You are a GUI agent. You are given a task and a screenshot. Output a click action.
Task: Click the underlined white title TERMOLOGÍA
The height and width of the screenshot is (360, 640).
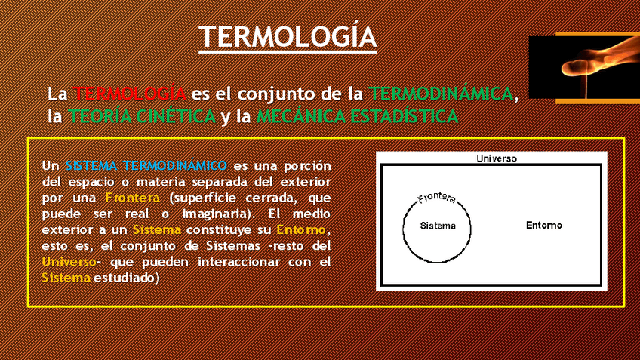click(x=288, y=37)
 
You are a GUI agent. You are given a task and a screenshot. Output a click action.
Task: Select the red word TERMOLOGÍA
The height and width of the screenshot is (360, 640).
click(x=129, y=94)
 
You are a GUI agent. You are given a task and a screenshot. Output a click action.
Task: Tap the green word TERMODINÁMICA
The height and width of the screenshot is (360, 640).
click(x=441, y=94)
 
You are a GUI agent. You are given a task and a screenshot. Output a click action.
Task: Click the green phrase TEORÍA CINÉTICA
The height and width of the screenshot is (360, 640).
click(x=142, y=116)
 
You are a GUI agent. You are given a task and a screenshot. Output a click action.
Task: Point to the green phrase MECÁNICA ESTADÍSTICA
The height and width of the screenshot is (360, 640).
click(x=357, y=116)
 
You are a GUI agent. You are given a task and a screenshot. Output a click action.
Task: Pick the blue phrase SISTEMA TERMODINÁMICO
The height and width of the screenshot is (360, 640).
click(x=146, y=165)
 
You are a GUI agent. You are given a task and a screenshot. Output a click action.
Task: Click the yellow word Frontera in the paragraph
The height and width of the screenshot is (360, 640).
click(x=132, y=198)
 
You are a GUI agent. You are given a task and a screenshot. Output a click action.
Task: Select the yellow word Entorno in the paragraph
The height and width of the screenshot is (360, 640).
click(x=301, y=229)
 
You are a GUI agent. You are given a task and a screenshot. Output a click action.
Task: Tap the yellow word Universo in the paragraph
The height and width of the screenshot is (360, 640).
click(x=69, y=262)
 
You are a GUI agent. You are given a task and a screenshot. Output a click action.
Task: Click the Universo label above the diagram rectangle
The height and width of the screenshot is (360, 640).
click(x=497, y=158)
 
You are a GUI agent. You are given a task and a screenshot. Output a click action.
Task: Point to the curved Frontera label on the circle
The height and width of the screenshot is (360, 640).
click(x=436, y=198)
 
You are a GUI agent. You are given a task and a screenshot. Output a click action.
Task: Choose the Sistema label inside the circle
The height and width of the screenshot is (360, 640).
click(x=438, y=226)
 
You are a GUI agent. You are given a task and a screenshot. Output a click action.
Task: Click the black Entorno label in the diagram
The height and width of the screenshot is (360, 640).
click(x=543, y=225)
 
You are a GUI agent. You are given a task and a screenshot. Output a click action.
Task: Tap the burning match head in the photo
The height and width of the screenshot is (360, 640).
click(x=574, y=67)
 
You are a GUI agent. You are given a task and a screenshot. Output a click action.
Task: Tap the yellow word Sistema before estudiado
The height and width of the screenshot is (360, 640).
click(x=66, y=278)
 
